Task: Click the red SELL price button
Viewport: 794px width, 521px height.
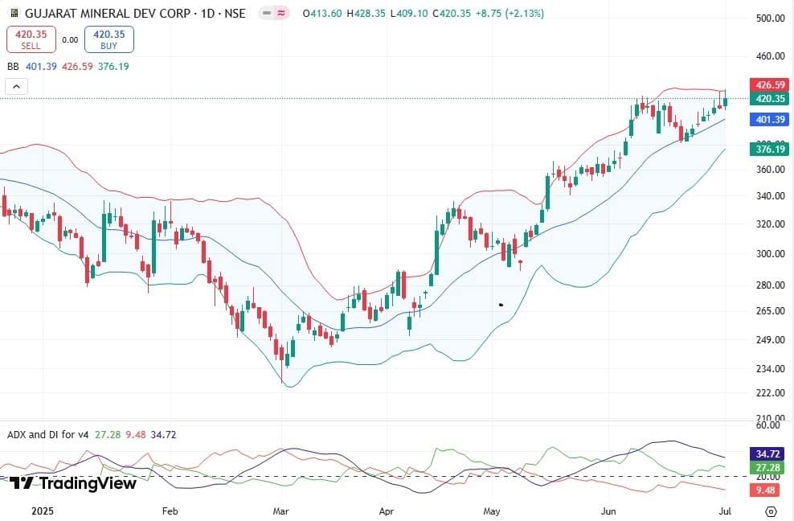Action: tap(31, 39)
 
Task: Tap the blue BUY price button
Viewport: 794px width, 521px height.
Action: tap(109, 39)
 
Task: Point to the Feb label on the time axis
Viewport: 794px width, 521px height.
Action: tap(169, 511)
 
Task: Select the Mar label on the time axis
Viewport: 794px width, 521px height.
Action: tap(280, 511)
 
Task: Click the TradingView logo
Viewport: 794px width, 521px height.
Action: tap(72, 483)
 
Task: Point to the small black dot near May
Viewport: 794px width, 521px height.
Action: tap(500, 305)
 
